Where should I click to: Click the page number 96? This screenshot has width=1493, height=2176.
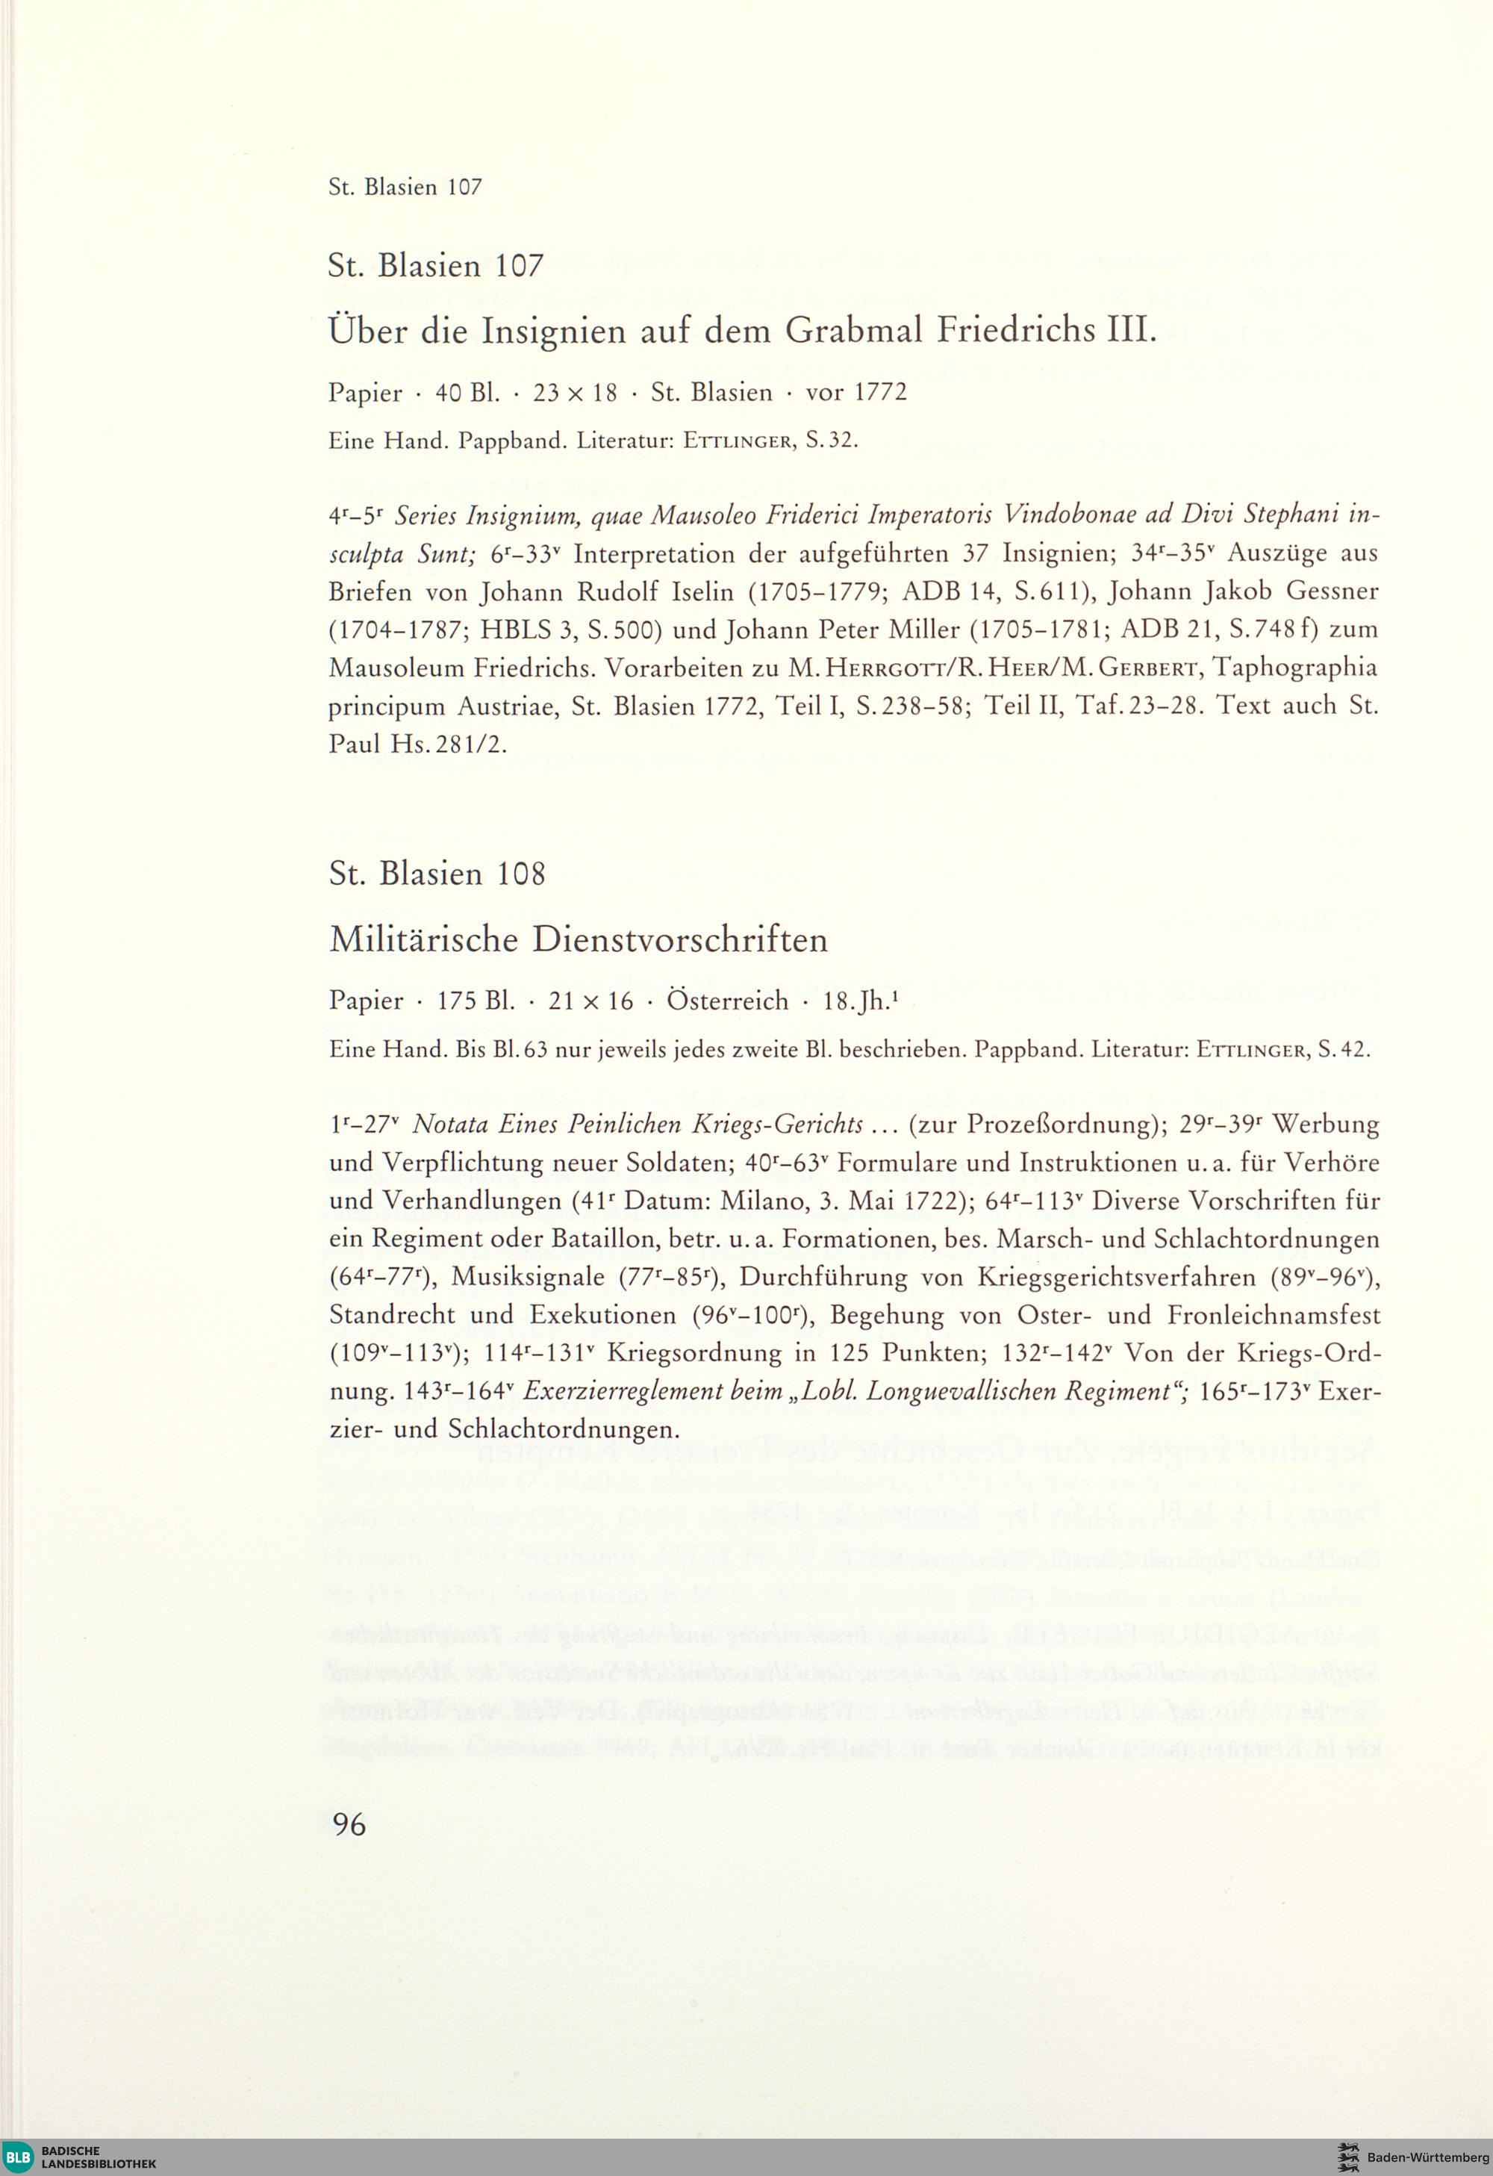coord(349,1824)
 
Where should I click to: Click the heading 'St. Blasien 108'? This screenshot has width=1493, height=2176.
coord(437,874)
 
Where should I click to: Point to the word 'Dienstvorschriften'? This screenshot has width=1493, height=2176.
coord(681,939)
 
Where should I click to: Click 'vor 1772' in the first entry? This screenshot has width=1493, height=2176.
coord(856,392)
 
